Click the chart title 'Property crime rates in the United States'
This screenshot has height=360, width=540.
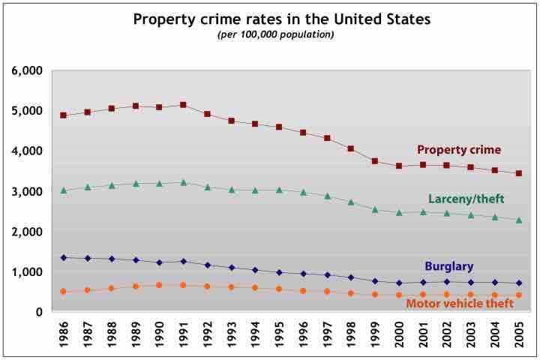tap(282, 19)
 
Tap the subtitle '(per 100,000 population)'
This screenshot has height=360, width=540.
tap(275, 34)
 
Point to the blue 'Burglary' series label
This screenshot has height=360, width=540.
tap(448, 265)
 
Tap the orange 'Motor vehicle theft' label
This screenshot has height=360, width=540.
tap(460, 304)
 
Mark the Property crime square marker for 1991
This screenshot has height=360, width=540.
tap(183, 105)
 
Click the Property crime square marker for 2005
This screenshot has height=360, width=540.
tap(518, 173)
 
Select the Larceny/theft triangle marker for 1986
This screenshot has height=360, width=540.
tap(64, 190)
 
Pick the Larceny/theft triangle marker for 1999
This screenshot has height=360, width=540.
tap(374, 209)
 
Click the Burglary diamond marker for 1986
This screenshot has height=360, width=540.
tap(64, 258)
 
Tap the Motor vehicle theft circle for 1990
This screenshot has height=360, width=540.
tap(159, 285)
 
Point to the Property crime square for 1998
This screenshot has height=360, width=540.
tap(350, 148)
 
